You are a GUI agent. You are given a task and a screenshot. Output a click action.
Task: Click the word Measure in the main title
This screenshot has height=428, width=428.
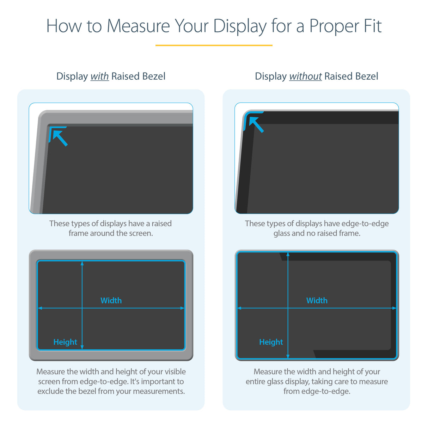pos(138,26)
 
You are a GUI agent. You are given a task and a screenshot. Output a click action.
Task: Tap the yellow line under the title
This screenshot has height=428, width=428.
pos(214,45)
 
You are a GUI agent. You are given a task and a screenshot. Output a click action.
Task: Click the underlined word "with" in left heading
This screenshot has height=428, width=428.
pos(99,77)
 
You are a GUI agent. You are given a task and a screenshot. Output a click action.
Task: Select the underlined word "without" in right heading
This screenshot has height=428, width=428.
pos(305,77)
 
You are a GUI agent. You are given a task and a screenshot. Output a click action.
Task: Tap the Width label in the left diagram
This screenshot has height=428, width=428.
pos(111,300)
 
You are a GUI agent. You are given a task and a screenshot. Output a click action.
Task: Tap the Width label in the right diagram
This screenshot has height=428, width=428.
pos(317,300)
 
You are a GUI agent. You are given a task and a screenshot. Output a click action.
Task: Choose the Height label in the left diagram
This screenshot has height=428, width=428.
pos(65,342)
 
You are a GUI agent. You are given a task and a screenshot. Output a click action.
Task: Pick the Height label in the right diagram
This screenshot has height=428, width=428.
pos(271,342)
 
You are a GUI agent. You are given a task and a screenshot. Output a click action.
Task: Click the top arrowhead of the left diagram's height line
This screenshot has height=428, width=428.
pos(82,263)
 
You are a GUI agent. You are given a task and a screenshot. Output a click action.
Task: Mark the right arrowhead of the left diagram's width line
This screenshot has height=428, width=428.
pos(182,308)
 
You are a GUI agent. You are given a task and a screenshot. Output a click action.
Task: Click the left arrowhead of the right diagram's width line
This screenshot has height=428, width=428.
pos(239,308)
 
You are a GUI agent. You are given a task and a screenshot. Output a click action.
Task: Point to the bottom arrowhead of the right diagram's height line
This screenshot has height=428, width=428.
pos(288,356)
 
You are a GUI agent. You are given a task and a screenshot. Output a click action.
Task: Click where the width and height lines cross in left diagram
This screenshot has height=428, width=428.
pos(82,308)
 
